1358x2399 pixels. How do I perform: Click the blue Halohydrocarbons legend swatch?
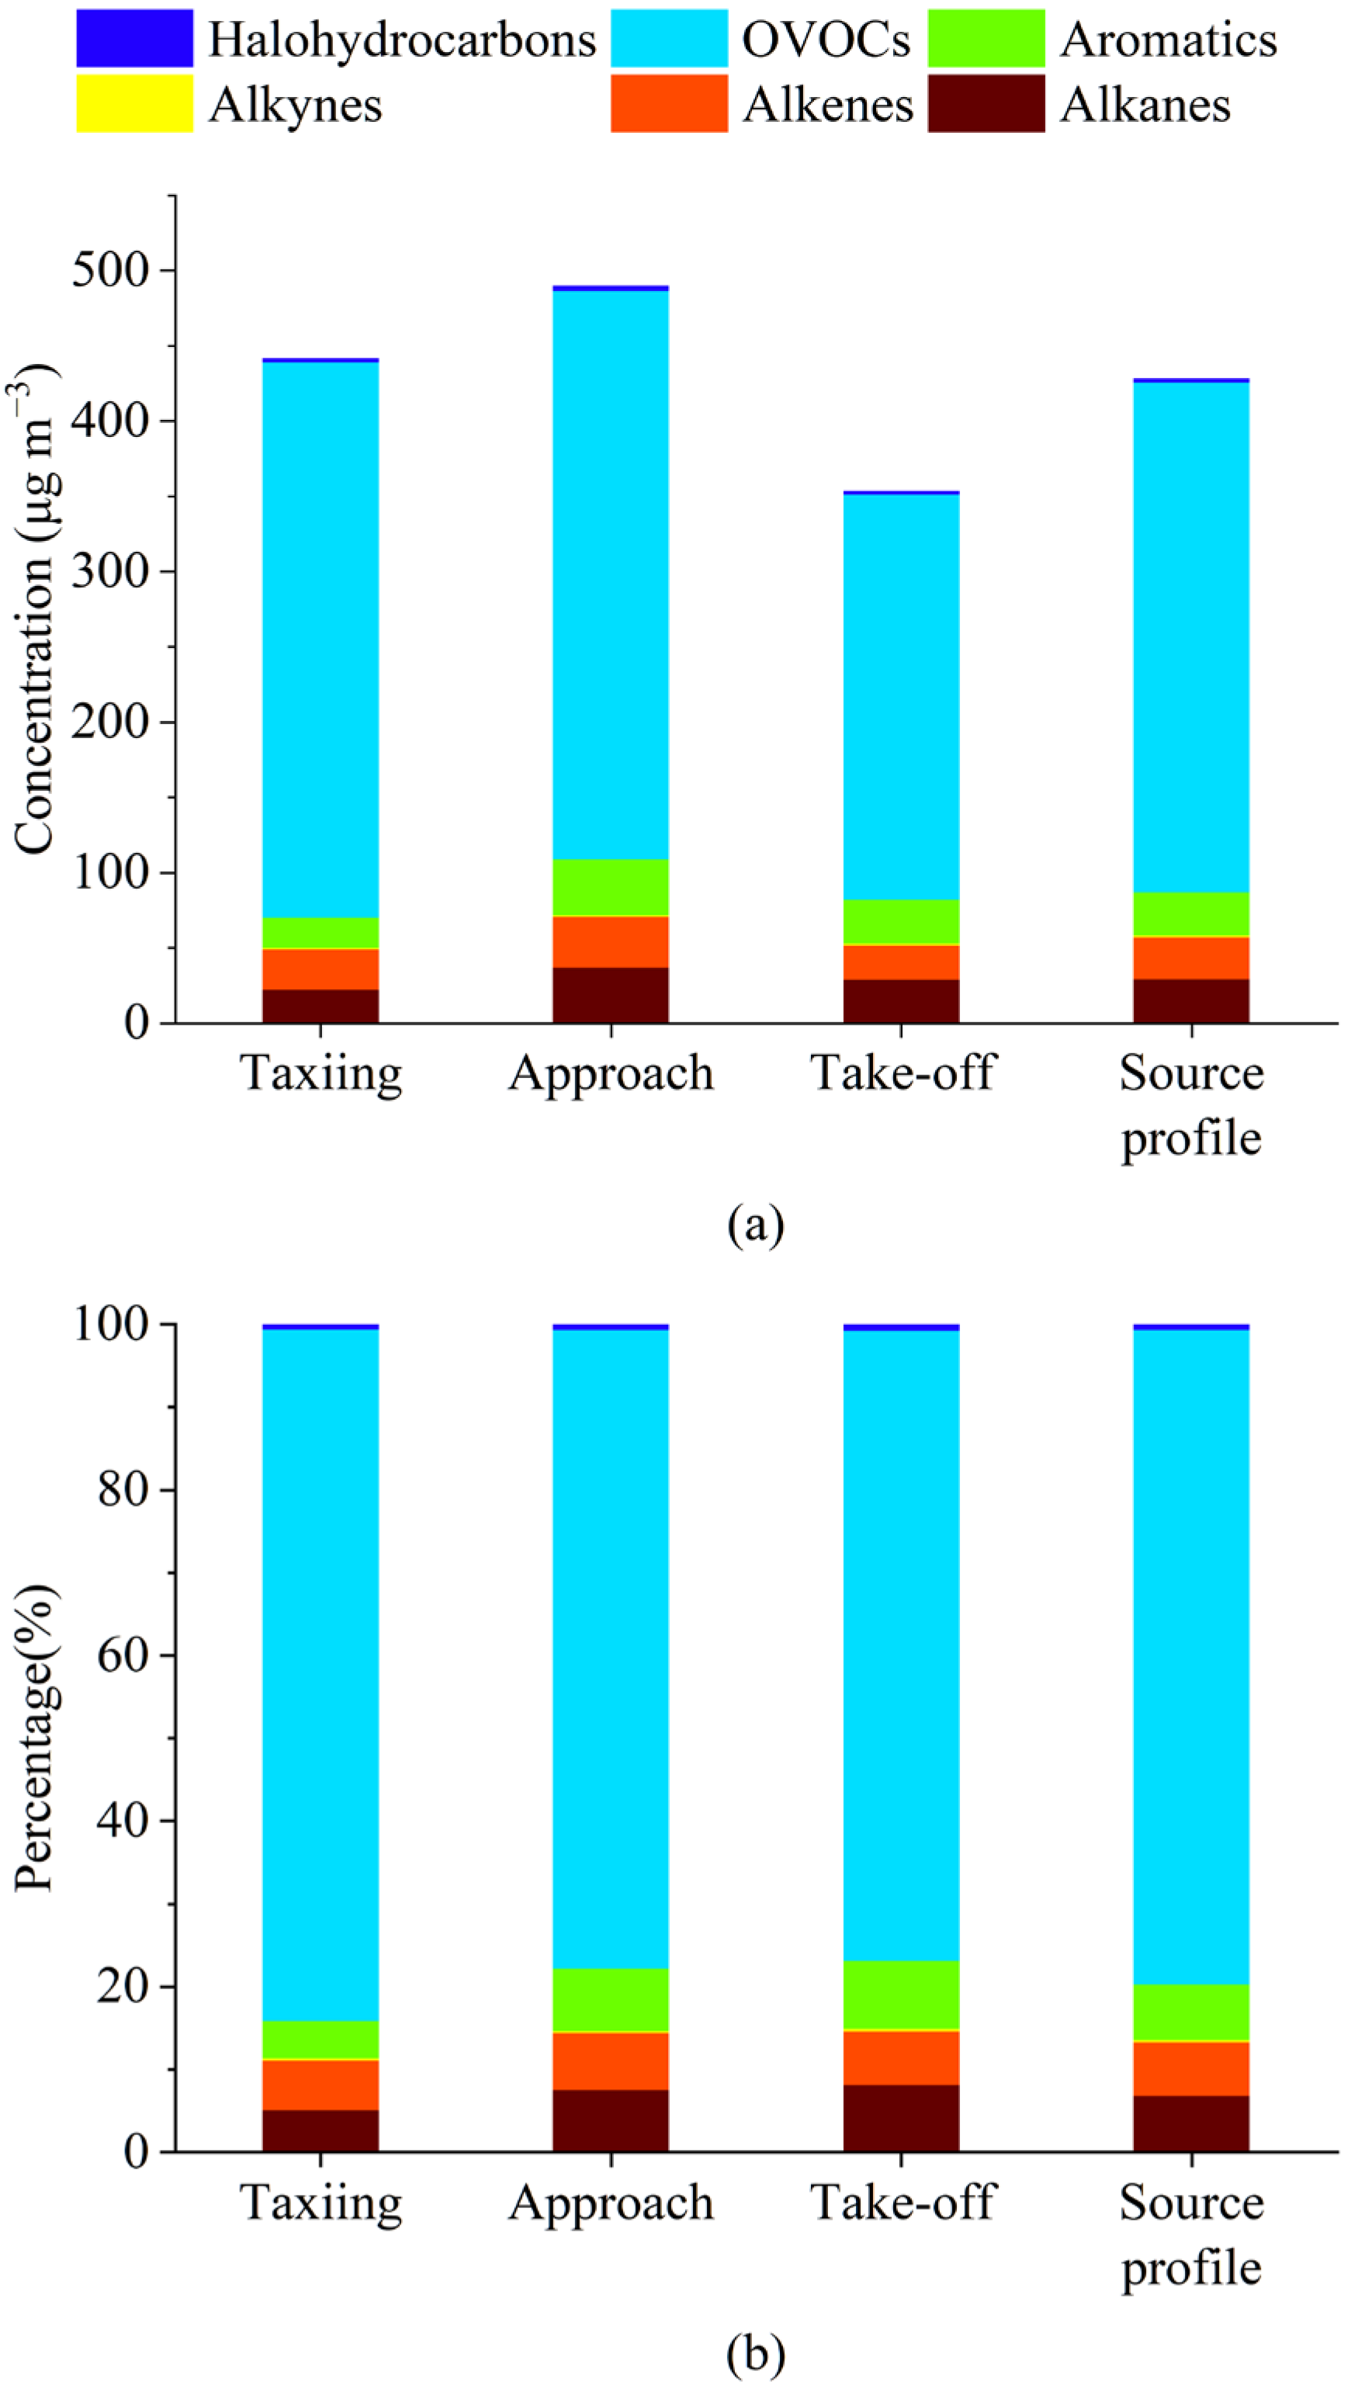pyautogui.click(x=134, y=38)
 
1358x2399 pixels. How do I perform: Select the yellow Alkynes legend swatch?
pyautogui.click(x=134, y=103)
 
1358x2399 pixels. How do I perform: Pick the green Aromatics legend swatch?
pyautogui.click(x=986, y=38)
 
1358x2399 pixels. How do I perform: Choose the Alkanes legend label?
pyautogui.click(x=1145, y=105)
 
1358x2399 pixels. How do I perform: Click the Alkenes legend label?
pyautogui.click(x=827, y=105)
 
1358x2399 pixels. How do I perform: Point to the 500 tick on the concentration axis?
pyautogui.click(x=110, y=271)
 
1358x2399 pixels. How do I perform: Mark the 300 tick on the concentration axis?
pyautogui.click(x=110, y=572)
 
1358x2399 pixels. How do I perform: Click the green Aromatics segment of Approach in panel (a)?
pyautogui.click(x=611, y=887)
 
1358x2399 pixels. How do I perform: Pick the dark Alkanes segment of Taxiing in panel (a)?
pyautogui.click(x=320, y=1007)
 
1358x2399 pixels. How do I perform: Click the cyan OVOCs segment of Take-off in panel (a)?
pyautogui.click(x=901, y=695)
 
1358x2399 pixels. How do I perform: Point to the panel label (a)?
pyautogui.click(x=756, y=1224)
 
